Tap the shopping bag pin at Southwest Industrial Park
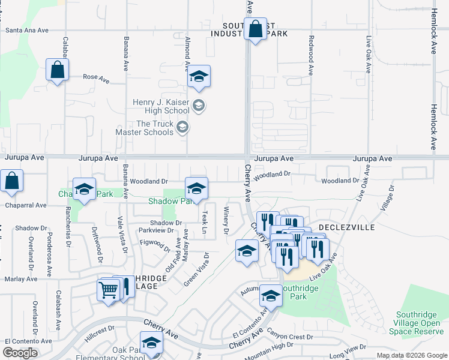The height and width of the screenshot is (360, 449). (256, 29)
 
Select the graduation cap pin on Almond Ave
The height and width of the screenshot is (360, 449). (199, 77)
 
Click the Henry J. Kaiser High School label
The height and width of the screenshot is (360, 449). (161, 106)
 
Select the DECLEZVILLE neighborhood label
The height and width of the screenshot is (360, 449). (346, 227)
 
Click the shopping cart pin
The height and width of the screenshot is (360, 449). (109, 290)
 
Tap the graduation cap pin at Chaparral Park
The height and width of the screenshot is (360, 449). (84, 190)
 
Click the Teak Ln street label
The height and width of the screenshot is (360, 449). (205, 222)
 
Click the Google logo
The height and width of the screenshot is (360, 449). (20, 353)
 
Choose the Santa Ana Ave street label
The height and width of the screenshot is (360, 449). (25, 30)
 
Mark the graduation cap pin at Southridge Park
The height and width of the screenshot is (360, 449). (271, 296)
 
